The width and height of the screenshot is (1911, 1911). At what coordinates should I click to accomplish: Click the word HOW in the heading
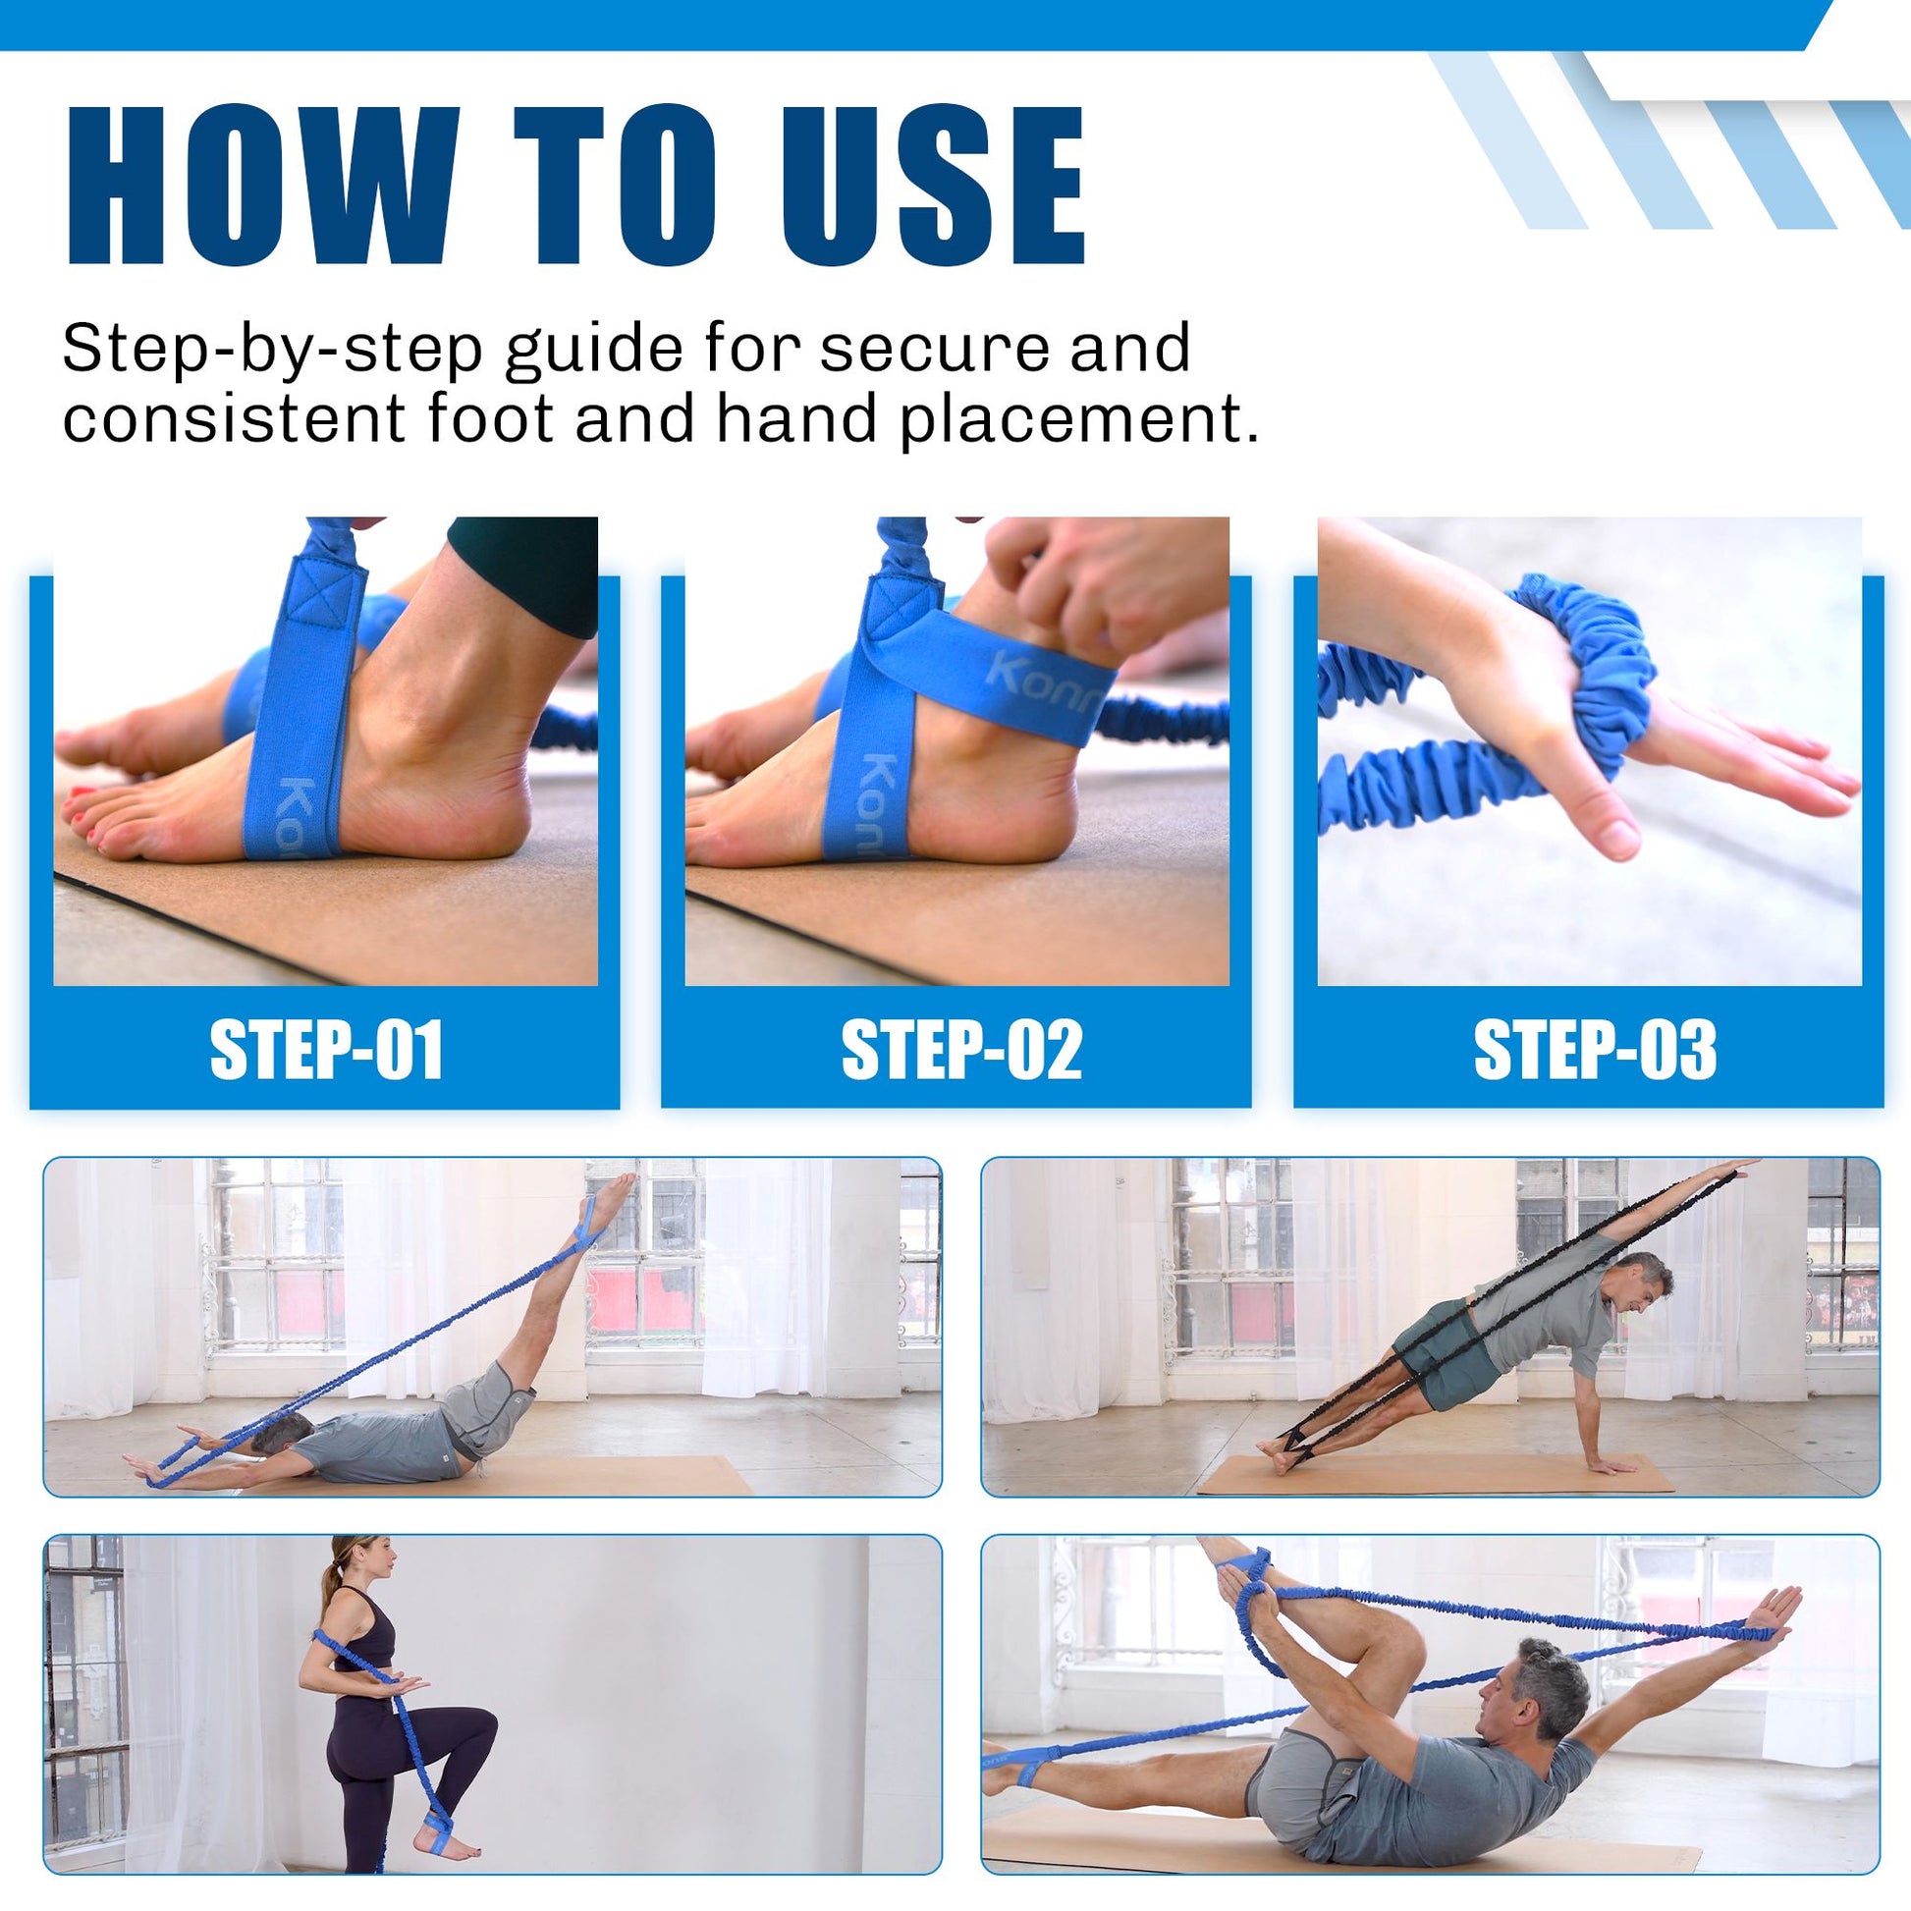pos(262,186)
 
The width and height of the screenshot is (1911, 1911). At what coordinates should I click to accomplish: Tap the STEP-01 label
pos(325,1051)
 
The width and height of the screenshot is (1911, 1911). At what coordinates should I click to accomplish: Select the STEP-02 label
pos(961,1051)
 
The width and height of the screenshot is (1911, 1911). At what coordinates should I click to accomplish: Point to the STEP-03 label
pos(1595,1051)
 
